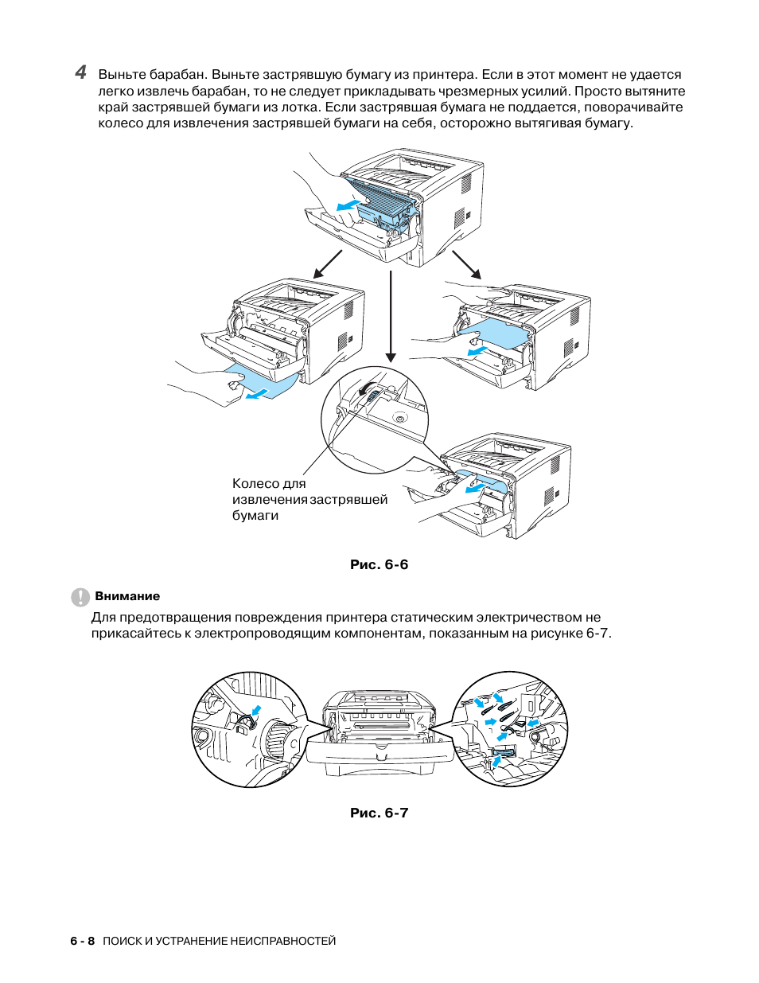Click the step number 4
point(80,72)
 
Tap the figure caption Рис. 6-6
point(379,564)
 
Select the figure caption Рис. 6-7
point(379,813)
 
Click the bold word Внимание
point(127,596)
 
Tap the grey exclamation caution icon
point(80,597)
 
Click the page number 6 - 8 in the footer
point(82,941)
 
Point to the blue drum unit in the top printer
point(384,204)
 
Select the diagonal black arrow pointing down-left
point(328,264)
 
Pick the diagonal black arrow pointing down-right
point(467,264)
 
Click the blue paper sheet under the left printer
point(263,382)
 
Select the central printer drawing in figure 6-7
point(379,732)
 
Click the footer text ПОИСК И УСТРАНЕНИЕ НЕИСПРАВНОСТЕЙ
point(220,941)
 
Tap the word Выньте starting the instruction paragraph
point(123,75)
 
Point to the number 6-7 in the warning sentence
point(597,634)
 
